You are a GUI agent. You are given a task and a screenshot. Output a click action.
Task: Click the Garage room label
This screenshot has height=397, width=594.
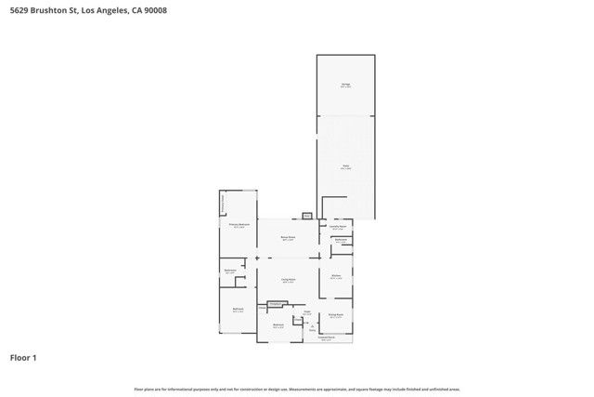[x=345, y=86]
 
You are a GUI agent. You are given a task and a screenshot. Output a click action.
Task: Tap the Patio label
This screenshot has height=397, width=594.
[x=345, y=168]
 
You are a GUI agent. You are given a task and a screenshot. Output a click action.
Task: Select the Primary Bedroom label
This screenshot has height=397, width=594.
[x=239, y=225]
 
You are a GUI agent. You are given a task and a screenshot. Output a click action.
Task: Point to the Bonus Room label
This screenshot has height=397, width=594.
[x=288, y=237]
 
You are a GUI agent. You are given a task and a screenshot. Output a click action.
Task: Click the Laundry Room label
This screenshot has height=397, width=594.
[x=338, y=226]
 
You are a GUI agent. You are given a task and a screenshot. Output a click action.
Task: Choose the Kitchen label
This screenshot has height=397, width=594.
[x=337, y=276]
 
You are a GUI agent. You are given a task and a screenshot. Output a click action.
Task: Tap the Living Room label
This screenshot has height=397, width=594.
[x=289, y=279]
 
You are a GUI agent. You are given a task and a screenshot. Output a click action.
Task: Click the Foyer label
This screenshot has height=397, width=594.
[x=306, y=312]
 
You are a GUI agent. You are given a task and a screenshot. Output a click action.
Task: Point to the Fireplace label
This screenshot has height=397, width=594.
[x=276, y=304]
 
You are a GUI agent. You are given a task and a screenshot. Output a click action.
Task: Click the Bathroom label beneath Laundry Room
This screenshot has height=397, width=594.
[x=341, y=241]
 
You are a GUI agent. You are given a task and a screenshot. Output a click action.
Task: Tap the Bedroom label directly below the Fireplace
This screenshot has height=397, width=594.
[x=278, y=324]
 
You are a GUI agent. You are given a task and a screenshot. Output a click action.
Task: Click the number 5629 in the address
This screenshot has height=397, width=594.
[x=19, y=10]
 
